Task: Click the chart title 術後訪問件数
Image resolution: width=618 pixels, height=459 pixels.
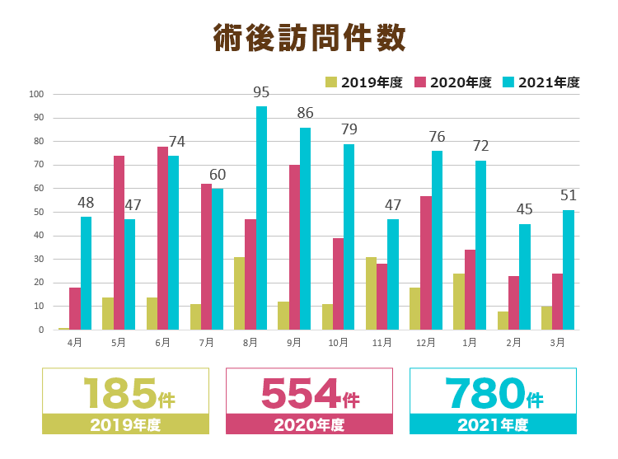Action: tap(309, 39)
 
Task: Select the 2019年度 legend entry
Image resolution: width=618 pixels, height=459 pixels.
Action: tap(363, 82)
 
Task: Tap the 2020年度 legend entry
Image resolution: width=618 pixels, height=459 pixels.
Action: tap(452, 82)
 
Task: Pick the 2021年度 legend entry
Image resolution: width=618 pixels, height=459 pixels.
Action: tap(541, 82)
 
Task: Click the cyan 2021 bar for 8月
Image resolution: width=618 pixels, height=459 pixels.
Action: tap(261, 218)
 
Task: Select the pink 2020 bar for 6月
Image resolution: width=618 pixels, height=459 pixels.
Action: tap(162, 238)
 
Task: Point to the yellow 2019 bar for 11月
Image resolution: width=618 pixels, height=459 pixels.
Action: tap(371, 293)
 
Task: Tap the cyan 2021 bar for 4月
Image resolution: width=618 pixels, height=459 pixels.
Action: tap(86, 274)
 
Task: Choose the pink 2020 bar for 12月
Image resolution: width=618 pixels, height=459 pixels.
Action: tap(426, 263)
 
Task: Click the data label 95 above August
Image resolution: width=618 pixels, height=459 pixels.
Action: tap(261, 91)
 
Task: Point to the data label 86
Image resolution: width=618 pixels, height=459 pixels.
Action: tap(305, 113)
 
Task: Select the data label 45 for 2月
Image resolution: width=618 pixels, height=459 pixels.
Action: tap(524, 209)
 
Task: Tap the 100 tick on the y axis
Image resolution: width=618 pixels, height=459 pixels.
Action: tap(35, 94)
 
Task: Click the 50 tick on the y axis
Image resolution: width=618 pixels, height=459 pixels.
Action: tap(38, 212)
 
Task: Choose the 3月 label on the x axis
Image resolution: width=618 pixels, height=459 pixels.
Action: tap(557, 342)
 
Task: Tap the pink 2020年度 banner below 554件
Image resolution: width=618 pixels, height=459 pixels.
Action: tap(309, 424)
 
